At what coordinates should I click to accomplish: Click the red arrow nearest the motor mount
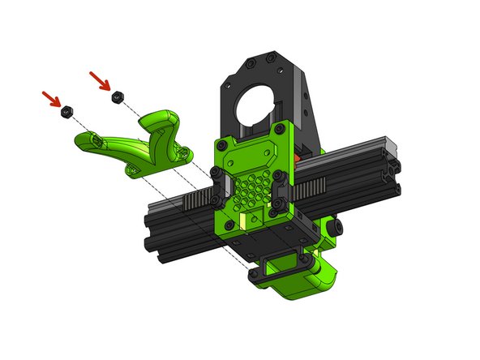point(100,79)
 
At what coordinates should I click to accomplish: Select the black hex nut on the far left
point(68,110)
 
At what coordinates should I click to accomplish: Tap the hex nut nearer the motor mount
point(118,96)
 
